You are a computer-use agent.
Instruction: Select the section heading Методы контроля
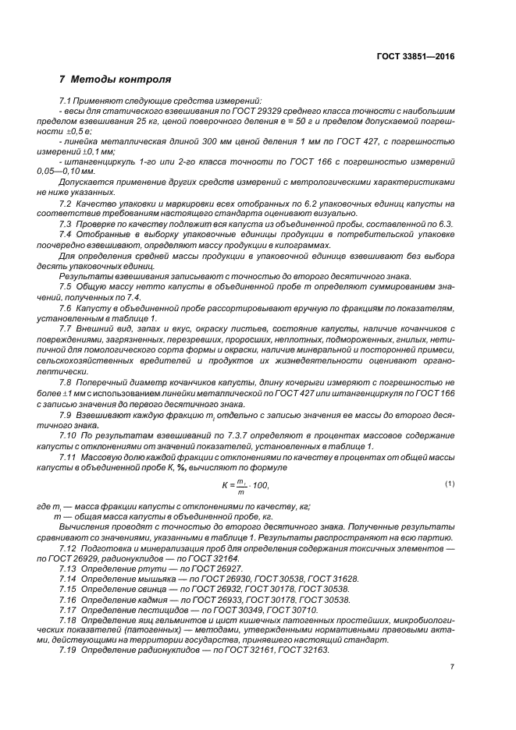116,80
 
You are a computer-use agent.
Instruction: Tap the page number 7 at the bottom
452,667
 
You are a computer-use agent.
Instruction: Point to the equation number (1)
450,484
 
